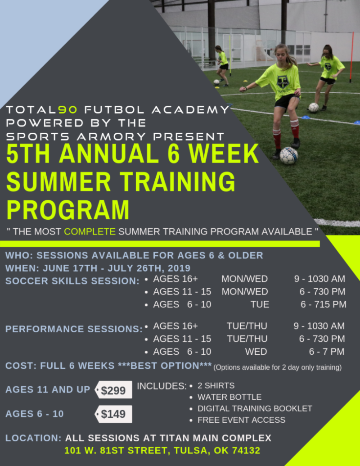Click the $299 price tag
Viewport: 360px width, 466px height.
[113, 390]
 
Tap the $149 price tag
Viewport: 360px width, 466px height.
[113, 414]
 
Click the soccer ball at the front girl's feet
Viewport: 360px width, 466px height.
[288, 155]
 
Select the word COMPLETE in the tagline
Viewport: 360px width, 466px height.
[90, 232]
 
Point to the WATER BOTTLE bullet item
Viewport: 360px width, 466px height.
[229, 397]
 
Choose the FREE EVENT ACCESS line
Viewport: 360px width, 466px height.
[242, 420]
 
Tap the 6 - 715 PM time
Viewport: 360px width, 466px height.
[324, 304]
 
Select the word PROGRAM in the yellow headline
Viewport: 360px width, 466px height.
[67, 210]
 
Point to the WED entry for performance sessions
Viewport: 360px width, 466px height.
[256, 351]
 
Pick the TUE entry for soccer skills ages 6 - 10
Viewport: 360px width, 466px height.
[260, 304]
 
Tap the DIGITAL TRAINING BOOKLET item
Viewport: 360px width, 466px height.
[255, 408]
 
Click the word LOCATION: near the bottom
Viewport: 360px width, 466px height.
[33, 438]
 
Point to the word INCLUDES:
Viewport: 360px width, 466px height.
[162, 386]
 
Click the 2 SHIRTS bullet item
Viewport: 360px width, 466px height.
[216, 386]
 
